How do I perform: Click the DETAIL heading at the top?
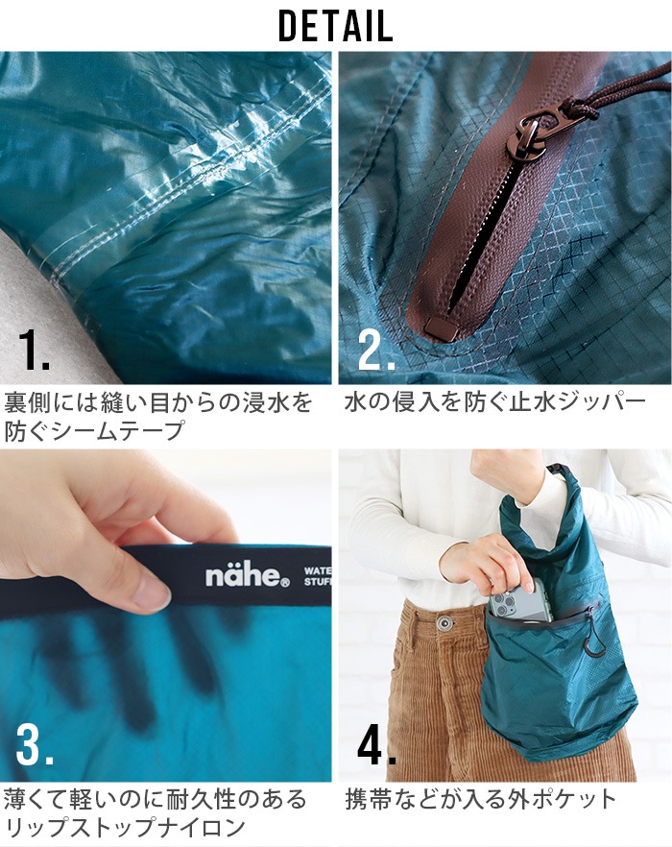336,26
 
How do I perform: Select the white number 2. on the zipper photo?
375,351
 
